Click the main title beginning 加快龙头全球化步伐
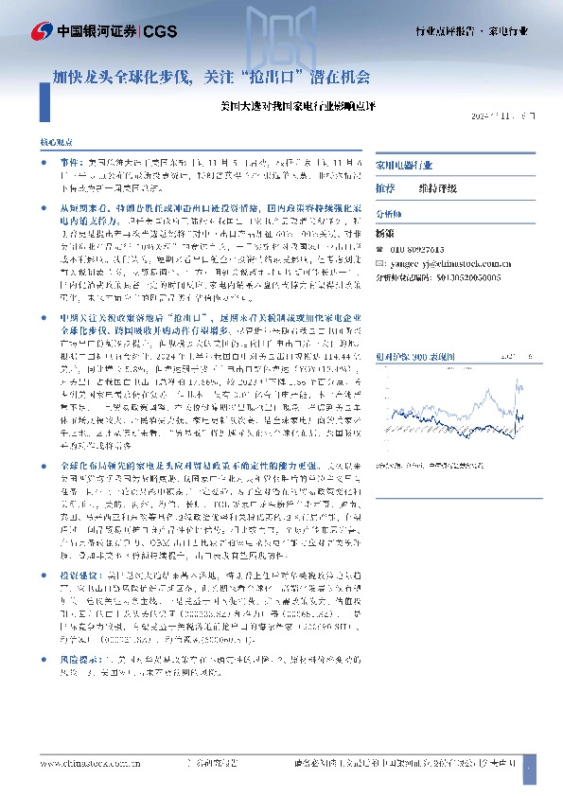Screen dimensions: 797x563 pyautogui.click(x=211, y=73)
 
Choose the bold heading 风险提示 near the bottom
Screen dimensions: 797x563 pyautogui.click(x=79, y=656)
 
